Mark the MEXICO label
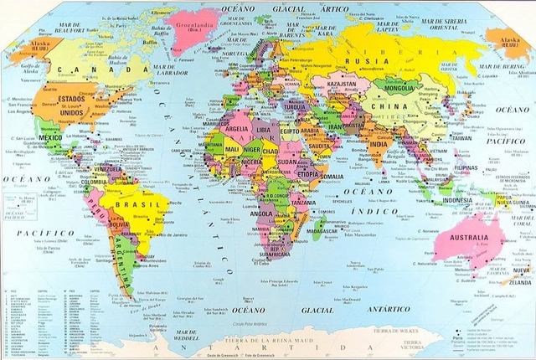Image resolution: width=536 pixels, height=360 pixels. (x=50, y=136)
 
